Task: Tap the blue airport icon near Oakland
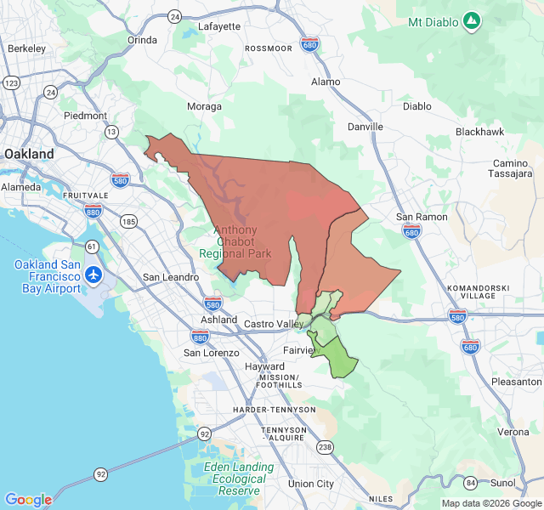[x=93, y=275]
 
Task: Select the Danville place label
[x=365, y=127]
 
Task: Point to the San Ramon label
[x=422, y=217]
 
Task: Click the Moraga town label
[x=204, y=107]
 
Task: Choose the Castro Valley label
[x=273, y=324]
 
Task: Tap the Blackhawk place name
[x=479, y=132]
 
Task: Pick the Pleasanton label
[x=516, y=382]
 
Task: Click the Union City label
[x=311, y=484]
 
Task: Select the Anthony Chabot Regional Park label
[x=235, y=241]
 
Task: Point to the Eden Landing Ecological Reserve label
[x=239, y=479]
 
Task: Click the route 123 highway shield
[x=11, y=83]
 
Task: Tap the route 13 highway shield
[x=111, y=132]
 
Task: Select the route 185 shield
[x=128, y=222]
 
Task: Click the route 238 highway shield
[x=325, y=446]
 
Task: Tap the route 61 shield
[x=91, y=246]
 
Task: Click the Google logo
[x=28, y=500]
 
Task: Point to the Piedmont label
[x=85, y=116]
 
